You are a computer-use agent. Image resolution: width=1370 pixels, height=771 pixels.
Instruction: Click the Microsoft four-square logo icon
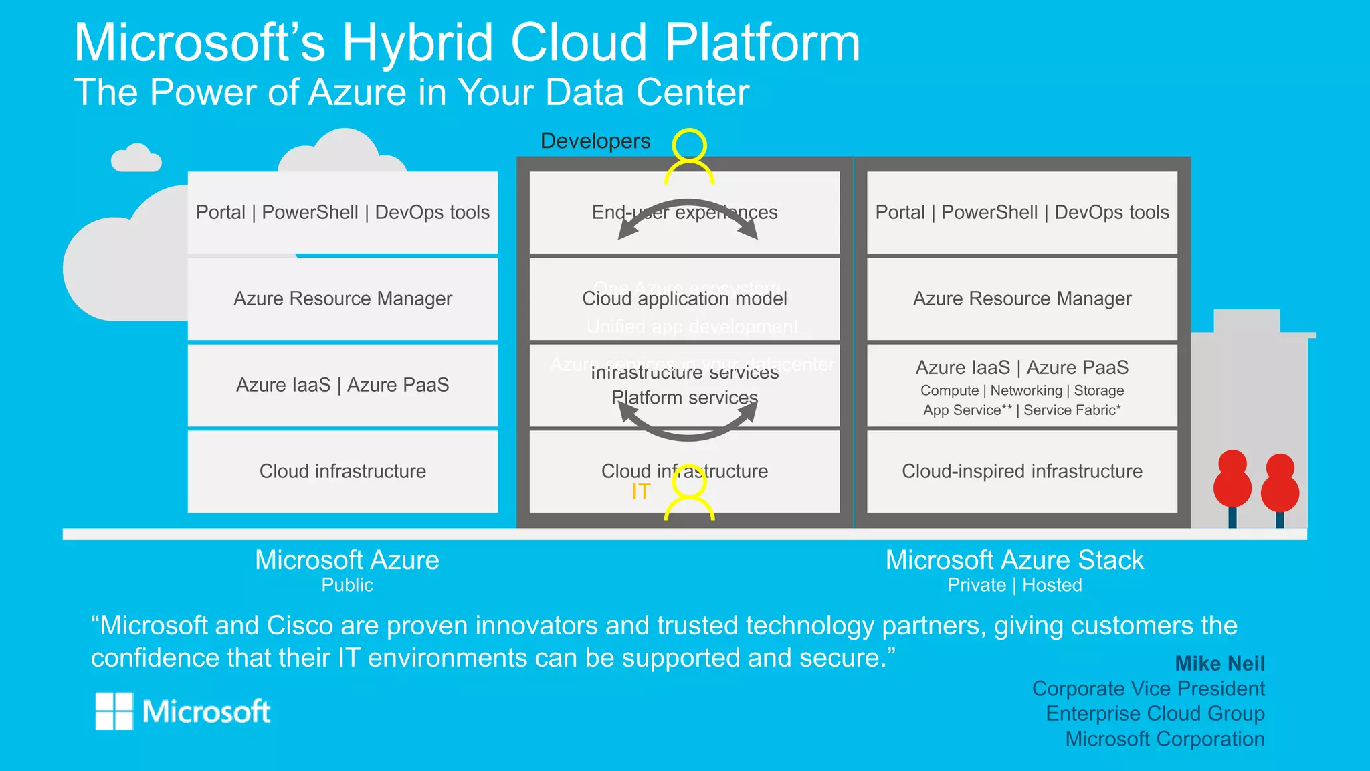tap(114, 711)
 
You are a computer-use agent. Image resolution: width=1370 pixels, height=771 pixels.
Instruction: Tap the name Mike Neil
tap(1219, 663)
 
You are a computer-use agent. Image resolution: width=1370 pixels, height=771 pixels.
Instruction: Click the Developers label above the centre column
tap(595, 141)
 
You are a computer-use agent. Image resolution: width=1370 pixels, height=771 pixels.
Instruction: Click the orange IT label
tap(640, 491)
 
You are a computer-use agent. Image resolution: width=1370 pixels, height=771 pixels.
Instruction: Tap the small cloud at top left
tap(136, 159)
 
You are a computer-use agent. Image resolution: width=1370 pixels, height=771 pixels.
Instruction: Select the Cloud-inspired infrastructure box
tap(1021, 471)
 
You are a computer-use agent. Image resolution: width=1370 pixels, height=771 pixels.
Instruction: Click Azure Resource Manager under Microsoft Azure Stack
tap(1021, 298)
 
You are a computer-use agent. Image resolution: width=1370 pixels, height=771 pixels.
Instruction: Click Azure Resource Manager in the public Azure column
tap(342, 298)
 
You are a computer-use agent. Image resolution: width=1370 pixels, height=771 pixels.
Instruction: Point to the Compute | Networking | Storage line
tap(1021, 390)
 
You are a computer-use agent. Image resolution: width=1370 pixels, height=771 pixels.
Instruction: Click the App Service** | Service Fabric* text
tap(1021, 410)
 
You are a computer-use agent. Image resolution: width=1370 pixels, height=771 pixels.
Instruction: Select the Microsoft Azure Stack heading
tap(1014, 560)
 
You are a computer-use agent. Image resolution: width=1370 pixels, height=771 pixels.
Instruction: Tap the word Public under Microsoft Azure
tap(347, 585)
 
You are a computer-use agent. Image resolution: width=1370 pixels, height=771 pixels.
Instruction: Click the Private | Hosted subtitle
tap(1014, 585)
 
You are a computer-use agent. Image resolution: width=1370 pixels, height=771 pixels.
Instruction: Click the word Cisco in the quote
tap(300, 626)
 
